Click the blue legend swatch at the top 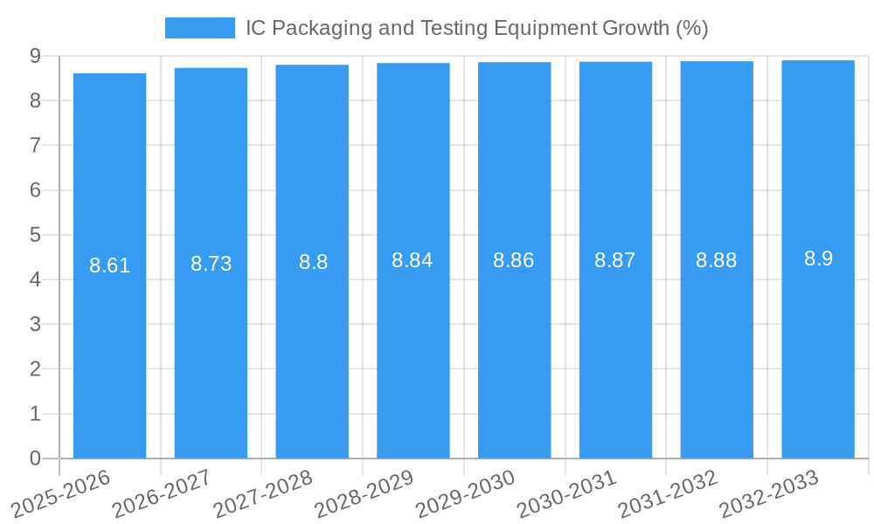(x=200, y=28)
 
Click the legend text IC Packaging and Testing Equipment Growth (x=476, y=28)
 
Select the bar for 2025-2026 (x=109, y=349)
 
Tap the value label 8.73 (x=211, y=264)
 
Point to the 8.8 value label (x=313, y=262)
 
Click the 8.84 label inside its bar (x=413, y=260)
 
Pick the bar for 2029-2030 (x=514, y=349)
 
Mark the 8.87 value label (x=615, y=260)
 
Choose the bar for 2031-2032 (x=717, y=349)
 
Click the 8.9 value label (x=818, y=259)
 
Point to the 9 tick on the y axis (x=35, y=56)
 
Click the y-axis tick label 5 (x=35, y=235)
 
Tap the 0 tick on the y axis (x=35, y=458)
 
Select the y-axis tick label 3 (x=35, y=325)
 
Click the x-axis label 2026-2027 (x=163, y=494)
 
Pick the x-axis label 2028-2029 (x=364, y=494)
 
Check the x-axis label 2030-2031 (x=567, y=494)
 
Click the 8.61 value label (x=109, y=265)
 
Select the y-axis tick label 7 (x=35, y=146)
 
